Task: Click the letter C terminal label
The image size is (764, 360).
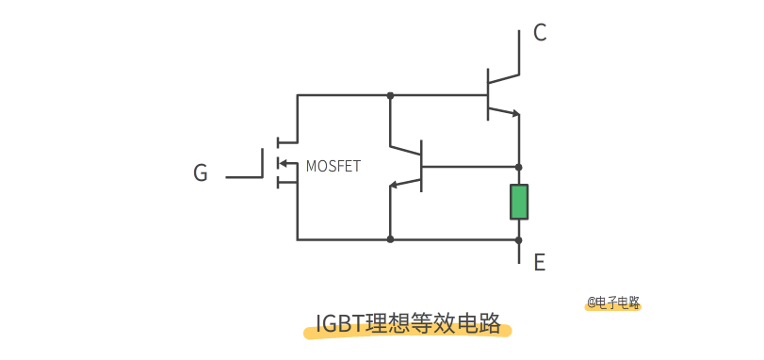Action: (540, 33)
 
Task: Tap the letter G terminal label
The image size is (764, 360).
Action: (200, 173)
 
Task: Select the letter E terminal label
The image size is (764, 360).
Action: (540, 262)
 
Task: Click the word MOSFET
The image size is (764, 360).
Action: (333, 167)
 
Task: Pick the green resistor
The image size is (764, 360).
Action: (519, 202)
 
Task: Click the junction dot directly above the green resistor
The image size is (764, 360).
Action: (519, 166)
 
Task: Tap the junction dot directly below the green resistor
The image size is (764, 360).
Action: (519, 239)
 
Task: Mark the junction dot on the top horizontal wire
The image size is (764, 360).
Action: (390, 95)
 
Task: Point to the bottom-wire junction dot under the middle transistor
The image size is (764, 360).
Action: (390, 239)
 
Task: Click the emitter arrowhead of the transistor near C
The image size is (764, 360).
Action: (514, 114)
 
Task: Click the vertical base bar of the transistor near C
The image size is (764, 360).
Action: (488, 94)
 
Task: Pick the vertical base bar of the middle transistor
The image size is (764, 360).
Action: (421, 165)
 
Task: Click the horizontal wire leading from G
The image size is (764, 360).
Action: (244, 176)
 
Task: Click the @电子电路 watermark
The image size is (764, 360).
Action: (613, 303)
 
